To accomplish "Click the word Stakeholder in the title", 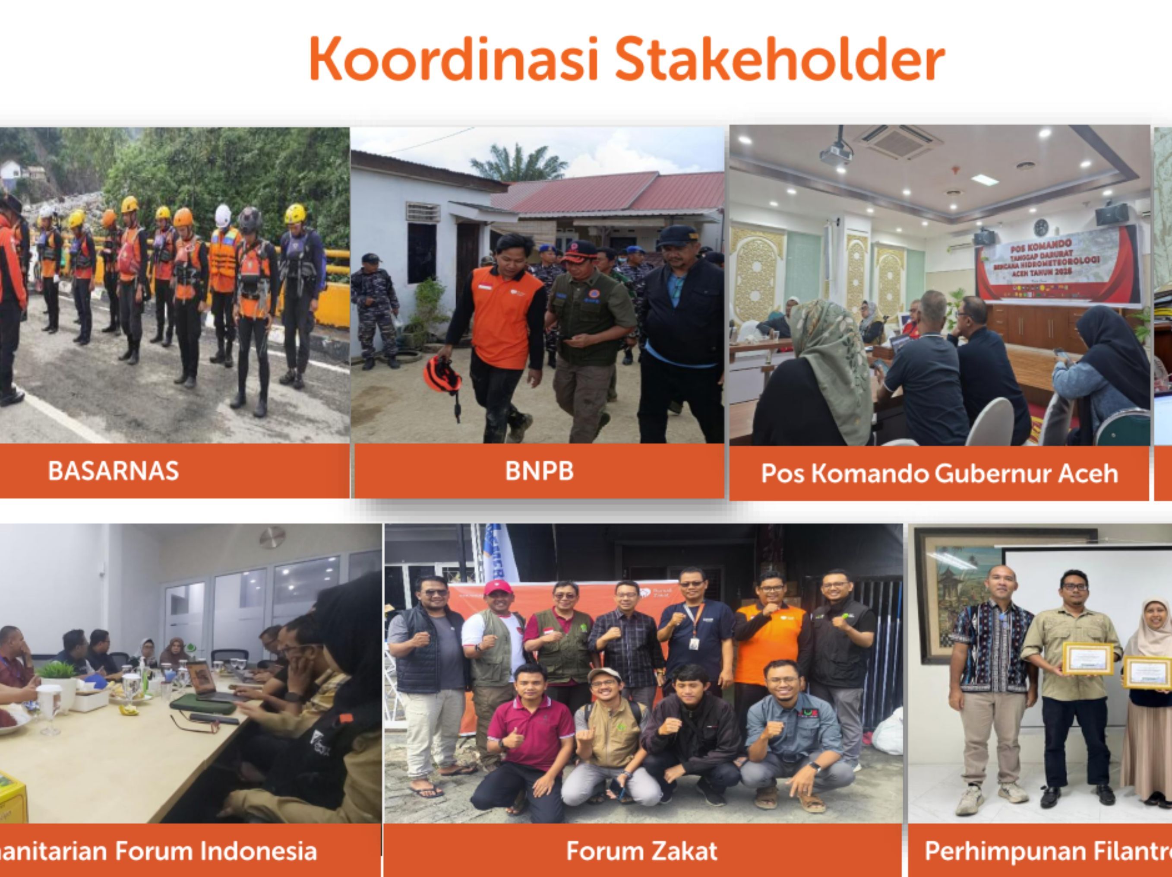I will (779, 58).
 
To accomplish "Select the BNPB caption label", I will (539, 471).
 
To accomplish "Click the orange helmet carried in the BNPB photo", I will (442, 375).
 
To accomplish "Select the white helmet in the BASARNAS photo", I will (223, 215).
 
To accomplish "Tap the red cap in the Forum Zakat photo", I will (496, 587).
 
